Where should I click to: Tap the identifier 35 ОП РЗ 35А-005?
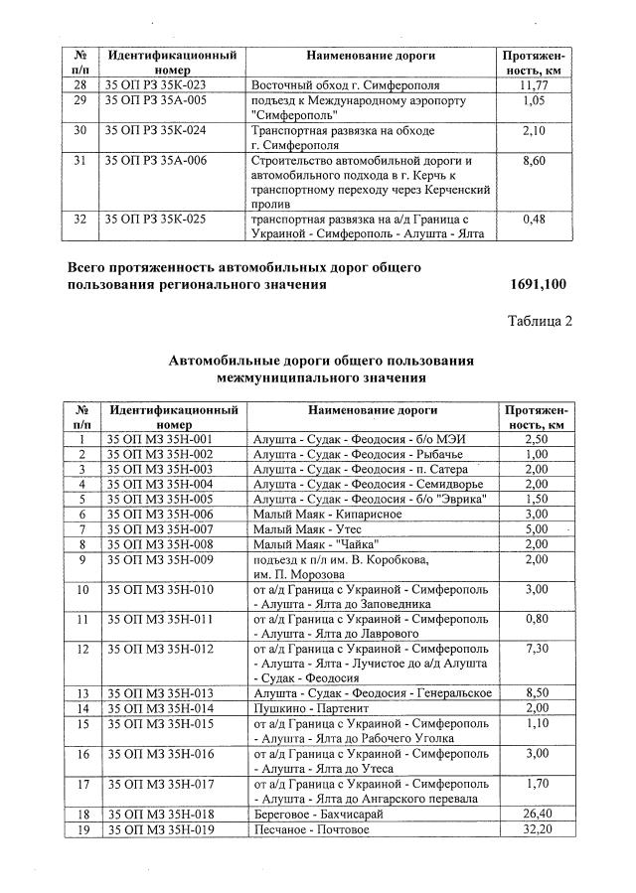point(156,101)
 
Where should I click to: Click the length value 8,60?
point(537,160)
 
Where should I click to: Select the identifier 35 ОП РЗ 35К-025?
point(156,218)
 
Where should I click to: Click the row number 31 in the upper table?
point(81,160)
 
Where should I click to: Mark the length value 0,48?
point(537,218)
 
